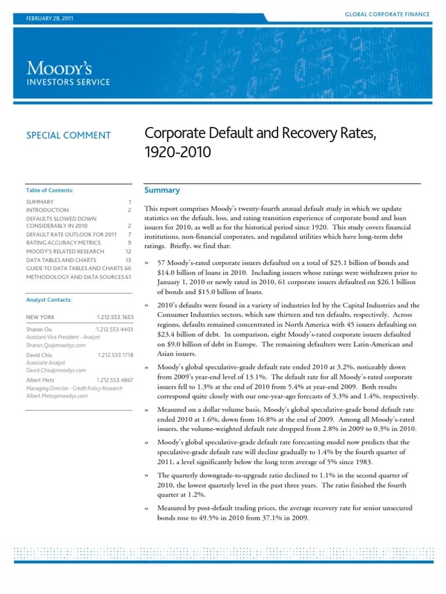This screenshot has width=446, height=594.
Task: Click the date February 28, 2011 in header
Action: tap(50, 19)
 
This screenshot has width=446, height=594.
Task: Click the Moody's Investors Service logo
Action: tap(68, 73)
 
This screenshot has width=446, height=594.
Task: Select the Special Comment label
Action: tap(68, 135)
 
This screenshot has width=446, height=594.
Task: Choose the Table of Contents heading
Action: tap(50, 190)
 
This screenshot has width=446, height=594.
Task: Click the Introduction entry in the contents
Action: tap(47, 210)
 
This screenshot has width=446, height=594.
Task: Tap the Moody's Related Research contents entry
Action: tap(65, 251)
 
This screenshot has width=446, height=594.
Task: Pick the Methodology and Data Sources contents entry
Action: tap(75, 277)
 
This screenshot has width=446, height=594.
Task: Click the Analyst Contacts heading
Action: tap(49, 300)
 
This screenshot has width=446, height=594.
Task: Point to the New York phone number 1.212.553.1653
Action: tap(115, 317)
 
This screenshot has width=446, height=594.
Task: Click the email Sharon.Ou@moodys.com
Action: tap(56, 345)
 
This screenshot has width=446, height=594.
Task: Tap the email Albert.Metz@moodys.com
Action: tap(57, 396)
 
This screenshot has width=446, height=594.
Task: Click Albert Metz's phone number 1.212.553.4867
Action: tap(115, 379)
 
